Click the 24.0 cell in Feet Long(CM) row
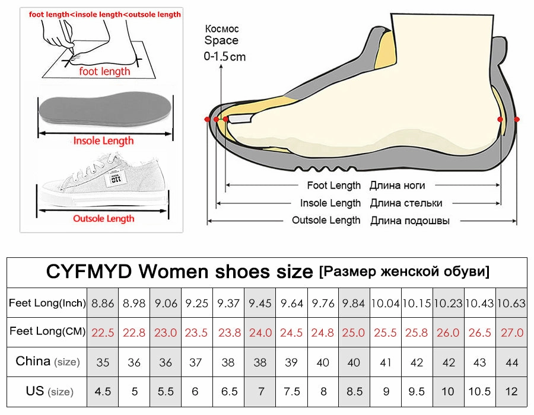(x=260, y=333)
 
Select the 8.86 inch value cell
(x=103, y=304)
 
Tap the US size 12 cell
(x=511, y=391)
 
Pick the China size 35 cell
(x=103, y=362)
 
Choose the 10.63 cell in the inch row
(x=511, y=304)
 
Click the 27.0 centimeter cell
(x=511, y=333)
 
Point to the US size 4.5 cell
(x=103, y=391)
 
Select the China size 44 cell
(x=511, y=362)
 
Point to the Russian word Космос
(x=222, y=28)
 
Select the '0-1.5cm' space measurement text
(x=224, y=57)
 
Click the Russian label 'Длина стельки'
(x=406, y=203)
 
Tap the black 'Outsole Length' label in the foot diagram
(x=326, y=221)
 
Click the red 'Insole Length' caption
(x=103, y=141)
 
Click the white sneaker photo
(x=104, y=178)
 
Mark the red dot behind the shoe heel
(x=517, y=119)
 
